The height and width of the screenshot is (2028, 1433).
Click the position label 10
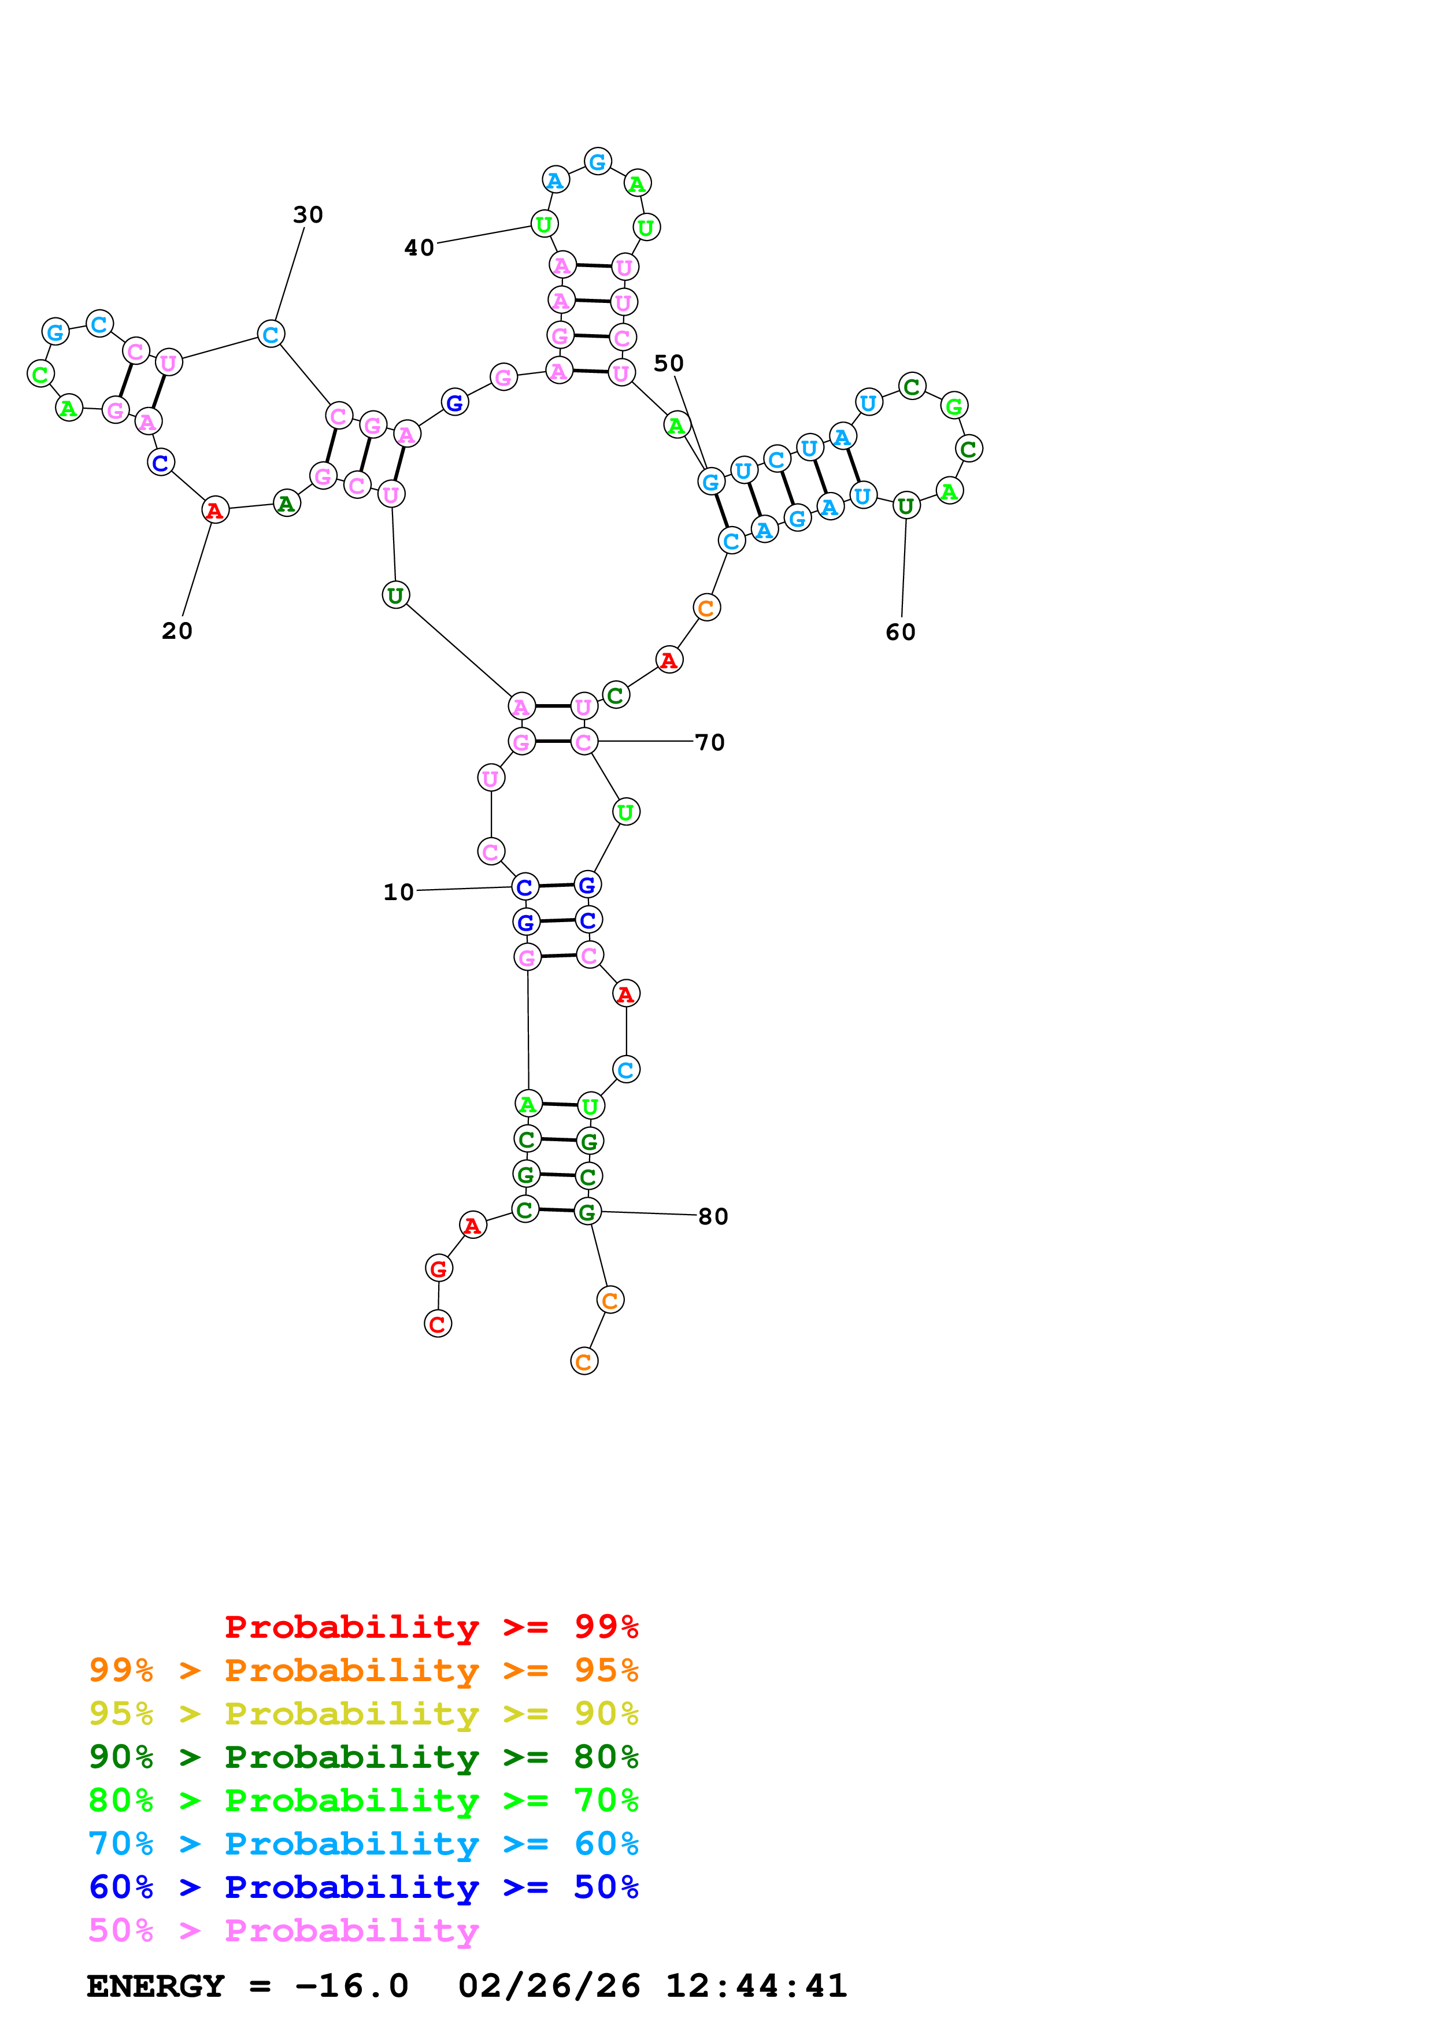(398, 892)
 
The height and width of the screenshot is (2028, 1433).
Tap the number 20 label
(176, 631)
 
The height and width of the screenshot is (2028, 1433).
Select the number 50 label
(668, 363)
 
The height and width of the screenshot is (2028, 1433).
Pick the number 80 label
(713, 1216)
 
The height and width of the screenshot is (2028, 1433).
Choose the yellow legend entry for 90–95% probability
(363, 1713)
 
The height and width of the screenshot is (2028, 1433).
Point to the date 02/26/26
(549, 1986)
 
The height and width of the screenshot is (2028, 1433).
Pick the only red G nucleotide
(439, 1268)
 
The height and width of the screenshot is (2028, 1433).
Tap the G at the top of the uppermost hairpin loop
(598, 162)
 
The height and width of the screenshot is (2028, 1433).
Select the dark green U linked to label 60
(906, 506)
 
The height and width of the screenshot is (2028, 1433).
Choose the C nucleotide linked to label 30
(271, 334)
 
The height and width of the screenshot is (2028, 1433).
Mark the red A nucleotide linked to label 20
(214, 510)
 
